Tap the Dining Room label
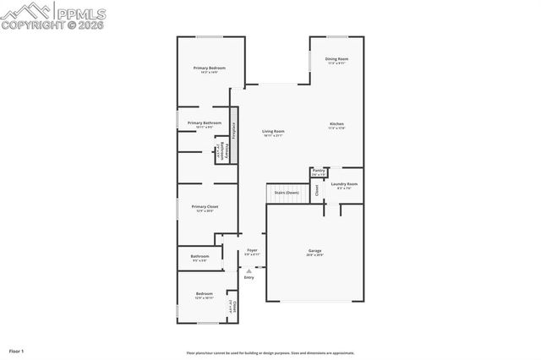336,59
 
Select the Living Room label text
272,131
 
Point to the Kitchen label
336,124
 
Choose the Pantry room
319,172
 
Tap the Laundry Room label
344,184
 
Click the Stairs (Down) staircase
286,193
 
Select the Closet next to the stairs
317,191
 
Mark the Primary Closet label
205,207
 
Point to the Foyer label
252,251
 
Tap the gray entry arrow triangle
249,270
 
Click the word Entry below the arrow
249,277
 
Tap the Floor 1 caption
17,350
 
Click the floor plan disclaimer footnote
270,353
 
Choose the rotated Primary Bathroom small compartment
218,150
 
